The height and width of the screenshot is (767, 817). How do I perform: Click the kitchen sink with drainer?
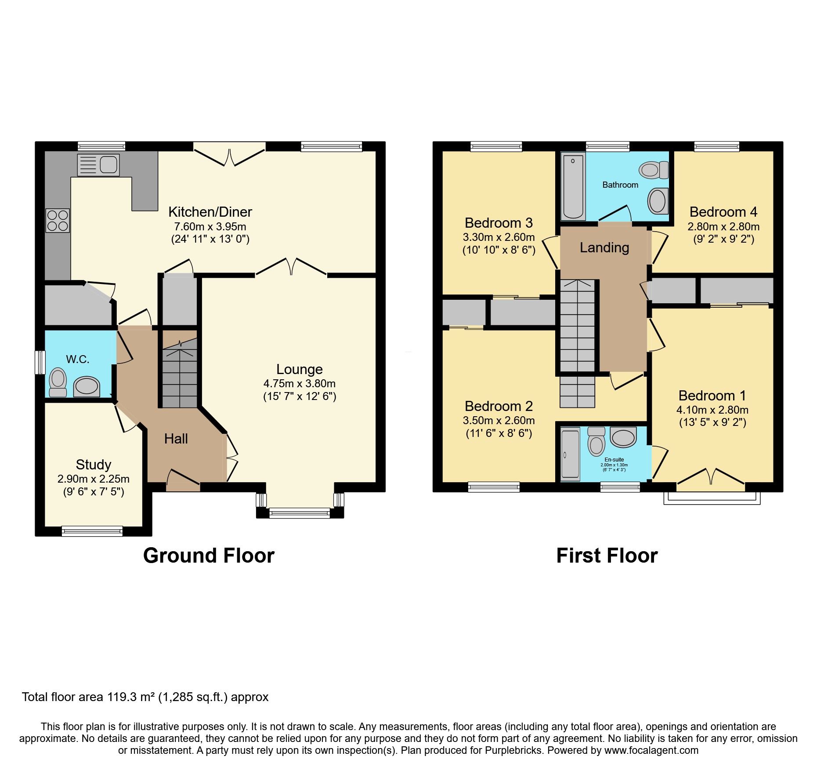coord(98,165)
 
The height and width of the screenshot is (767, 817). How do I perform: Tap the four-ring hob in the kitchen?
coord(58,221)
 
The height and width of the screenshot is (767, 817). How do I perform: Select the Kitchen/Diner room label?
coord(210,212)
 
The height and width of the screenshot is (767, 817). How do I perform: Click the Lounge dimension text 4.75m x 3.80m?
coord(299,384)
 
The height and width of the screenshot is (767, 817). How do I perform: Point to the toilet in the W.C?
coord(58,383)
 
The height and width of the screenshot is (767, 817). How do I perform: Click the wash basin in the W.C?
coord(87,387)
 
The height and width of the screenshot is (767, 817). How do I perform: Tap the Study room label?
coord(93,465)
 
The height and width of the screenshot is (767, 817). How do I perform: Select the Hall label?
coord(176,439)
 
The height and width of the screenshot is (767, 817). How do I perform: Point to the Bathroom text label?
coord(620,185)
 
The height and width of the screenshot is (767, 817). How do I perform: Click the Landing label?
coord(604,248)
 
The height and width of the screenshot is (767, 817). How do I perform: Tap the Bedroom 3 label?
coord(499,223)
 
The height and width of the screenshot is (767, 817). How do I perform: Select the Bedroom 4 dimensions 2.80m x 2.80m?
coord(723,227)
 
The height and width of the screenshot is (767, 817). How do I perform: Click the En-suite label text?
coord(614,459)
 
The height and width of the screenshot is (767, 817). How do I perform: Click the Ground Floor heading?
coord(209,556)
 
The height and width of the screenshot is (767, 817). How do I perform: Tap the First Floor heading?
coord(607,556)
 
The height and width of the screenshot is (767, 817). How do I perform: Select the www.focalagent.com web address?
coord(651,750)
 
